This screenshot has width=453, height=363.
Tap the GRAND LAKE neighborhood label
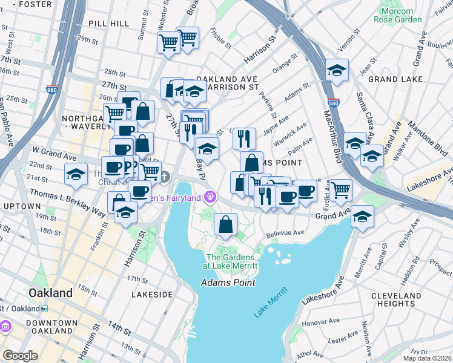coord(391,79)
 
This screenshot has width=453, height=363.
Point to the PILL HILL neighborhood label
coord(108,23)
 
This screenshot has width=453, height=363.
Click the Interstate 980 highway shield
coord(52,90)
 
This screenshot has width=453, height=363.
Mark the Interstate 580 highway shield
coord(332,103)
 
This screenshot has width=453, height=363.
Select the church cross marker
coord(165,177)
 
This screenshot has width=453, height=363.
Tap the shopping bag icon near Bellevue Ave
coord(225,224)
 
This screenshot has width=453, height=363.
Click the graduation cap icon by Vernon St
coord(336,71)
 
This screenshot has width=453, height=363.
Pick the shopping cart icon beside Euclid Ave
coord(341,189)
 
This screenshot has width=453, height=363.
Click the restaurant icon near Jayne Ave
coord(244,139)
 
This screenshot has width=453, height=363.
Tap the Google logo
coord(20,356)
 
